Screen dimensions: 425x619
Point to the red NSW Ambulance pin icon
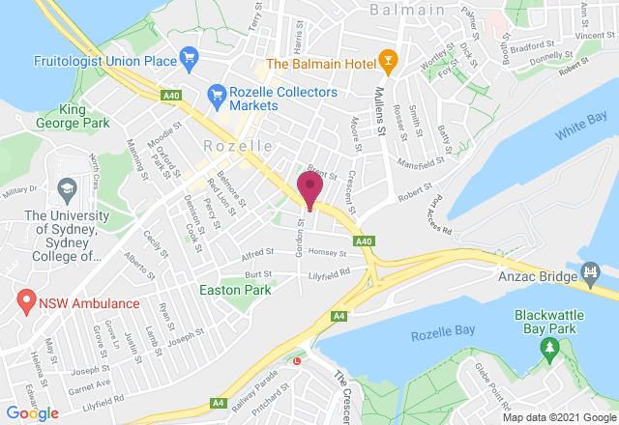pyautogui.click(x=27, y=301)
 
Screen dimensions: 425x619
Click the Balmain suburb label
pyautogui.click(x=407, y=9)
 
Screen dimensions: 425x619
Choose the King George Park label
pyautogui.click(x=71, y=116)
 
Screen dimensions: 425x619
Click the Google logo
pyautogui.click(x=32, y=412)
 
